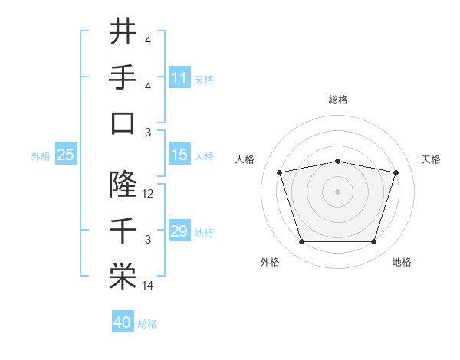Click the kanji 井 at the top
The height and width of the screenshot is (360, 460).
[123, 32]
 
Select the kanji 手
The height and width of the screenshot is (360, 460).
[123, 77]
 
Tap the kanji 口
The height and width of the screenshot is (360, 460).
[123, 123]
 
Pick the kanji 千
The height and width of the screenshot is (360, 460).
[123, 230]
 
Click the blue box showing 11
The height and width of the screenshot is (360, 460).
[179, 77]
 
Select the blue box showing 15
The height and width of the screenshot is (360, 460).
[179, 155]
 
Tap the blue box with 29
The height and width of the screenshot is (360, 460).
[179, 232]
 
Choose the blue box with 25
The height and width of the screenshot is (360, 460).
[66, 155]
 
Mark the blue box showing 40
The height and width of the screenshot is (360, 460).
[122, 323]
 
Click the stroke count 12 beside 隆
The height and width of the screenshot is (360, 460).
[148, 194]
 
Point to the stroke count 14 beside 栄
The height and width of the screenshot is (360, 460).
[148, 286]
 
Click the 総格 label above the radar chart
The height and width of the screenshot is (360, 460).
[337, 100]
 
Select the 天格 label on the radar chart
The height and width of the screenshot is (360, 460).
[432, 159]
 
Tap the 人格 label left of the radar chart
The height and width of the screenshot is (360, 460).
[245, 159]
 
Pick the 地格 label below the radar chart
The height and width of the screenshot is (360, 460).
[402, 263]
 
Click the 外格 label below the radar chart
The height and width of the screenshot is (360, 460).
[270, 263]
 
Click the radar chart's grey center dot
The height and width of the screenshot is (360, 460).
[337, 190]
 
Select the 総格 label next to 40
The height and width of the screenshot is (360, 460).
[147, 324]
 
